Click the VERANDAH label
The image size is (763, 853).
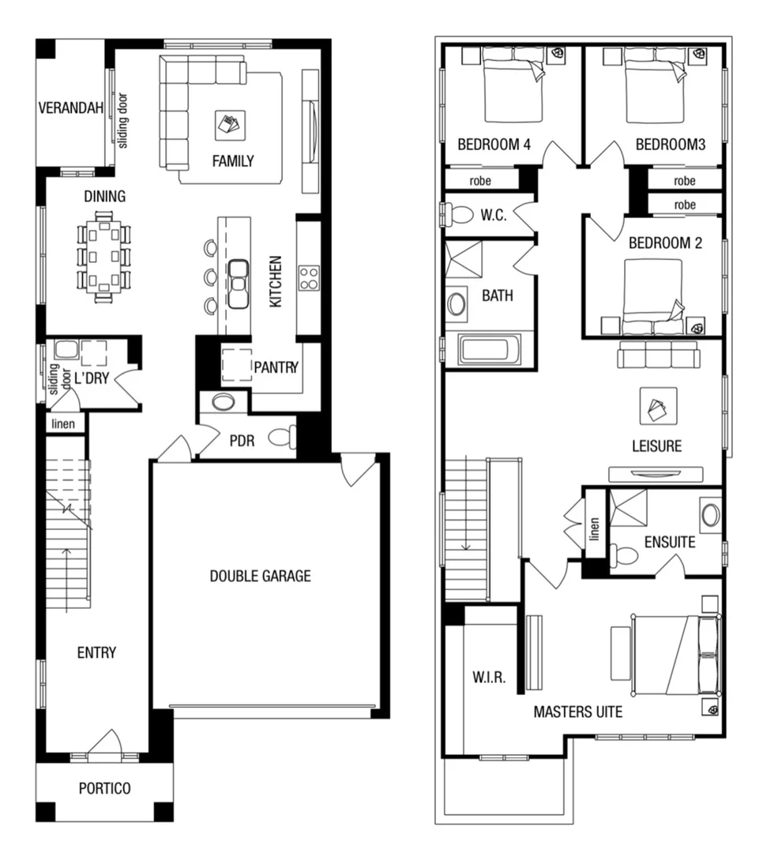(71, 107)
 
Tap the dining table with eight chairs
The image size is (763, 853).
(104, 257)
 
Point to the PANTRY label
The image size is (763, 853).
(276, 366)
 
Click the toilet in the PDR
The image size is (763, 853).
(282, 438)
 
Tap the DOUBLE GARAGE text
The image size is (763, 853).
(260, 576)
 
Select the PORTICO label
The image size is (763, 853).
(104, 788)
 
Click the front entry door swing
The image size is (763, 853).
(105, 745)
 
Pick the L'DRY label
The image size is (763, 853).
(92, 378)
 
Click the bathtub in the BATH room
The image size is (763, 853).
(490, 350)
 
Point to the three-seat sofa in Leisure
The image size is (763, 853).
(658, 355)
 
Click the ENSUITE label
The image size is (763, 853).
(670, 543)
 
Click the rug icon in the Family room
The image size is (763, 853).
(230, 124)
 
